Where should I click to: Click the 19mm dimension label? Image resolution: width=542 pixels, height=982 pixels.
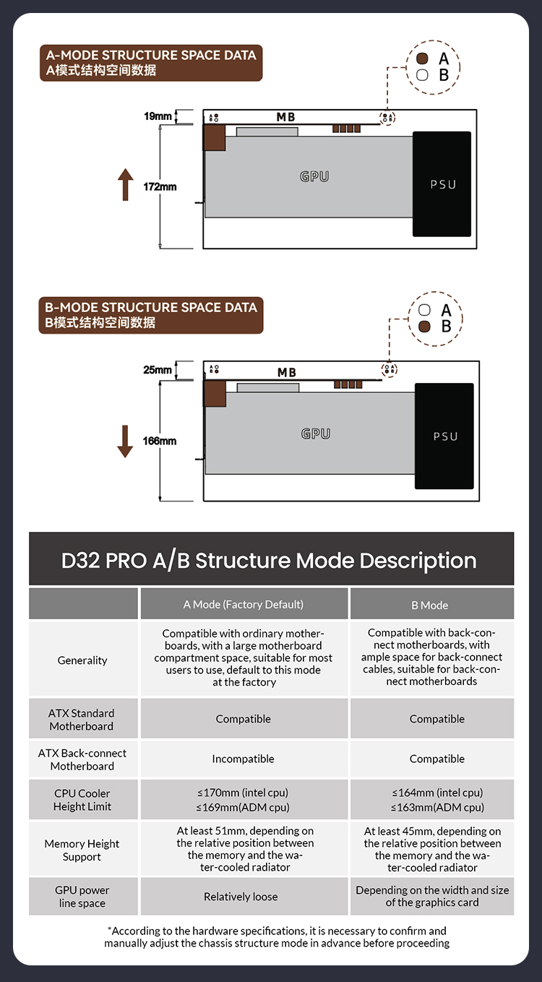pos(158,116)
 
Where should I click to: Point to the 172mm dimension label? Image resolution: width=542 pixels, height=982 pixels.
pos(160,187)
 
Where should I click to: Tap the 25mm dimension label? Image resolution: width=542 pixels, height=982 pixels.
pos(158,370)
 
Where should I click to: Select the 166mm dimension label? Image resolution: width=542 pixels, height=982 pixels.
pos(160,441)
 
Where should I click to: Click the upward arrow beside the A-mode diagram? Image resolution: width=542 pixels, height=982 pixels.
pos(126,184)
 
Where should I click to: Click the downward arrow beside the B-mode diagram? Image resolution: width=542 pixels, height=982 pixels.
pos(125,441)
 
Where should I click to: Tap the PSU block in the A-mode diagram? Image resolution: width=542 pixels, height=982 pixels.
pos(442,184)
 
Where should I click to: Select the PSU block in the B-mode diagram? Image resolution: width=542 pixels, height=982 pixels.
pos(444,436)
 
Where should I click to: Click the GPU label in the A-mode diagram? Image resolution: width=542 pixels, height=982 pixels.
pos(314,176)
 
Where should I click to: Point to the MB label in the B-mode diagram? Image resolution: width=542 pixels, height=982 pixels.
pos(287,372)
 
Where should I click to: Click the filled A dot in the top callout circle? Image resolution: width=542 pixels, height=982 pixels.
pos(423,59)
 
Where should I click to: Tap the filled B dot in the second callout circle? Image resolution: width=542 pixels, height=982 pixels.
pos(424,327)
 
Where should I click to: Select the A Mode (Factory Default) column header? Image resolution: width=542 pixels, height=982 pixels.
pos(244,604)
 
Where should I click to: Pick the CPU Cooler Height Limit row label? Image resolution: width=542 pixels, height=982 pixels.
pos(82,800)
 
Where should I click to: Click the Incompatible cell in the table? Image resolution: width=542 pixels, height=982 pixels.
pos(244,759)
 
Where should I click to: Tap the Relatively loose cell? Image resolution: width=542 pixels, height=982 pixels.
pos(241,897)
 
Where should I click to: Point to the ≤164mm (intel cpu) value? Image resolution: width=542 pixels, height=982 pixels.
pos(437,793)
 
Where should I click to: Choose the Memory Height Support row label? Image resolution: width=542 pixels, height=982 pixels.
pos(82,850)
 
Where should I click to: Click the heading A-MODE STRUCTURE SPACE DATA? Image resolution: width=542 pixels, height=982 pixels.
pos(151,55)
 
